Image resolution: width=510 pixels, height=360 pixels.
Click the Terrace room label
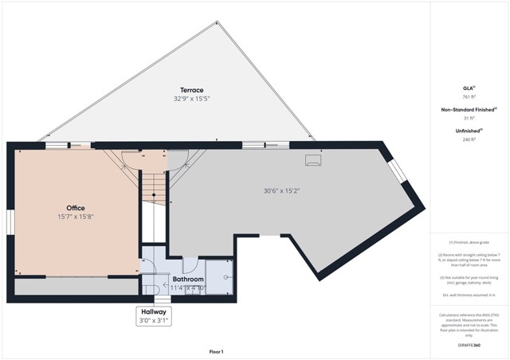click(x=191, y=90)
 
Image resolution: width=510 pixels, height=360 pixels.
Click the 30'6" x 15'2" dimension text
click(x=281, y=190)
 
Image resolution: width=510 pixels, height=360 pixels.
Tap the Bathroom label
click(x=189, y=280)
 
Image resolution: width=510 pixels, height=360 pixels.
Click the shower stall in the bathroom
click(x=218, y=276)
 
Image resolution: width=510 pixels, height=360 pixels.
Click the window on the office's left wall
click(x=10, y=223)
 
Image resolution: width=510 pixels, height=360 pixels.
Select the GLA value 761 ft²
click(x=468, y=97)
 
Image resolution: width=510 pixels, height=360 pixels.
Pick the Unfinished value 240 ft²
click(x=468, y=139)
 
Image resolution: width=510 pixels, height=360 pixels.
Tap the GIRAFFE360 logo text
click(x=469, y=345)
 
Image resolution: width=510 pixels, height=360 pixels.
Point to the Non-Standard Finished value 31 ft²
click(x=468, y=118)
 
